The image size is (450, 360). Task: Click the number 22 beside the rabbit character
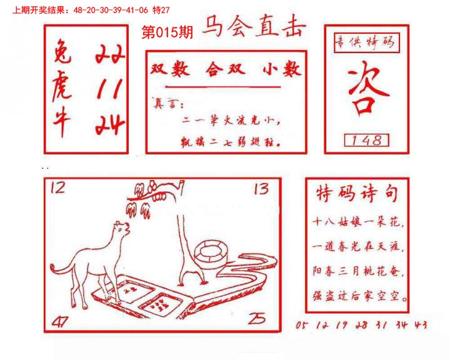(110, 55)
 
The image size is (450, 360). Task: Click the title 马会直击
(253, 28)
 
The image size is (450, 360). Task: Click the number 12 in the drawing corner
(57, 187)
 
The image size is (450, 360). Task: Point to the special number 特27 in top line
(161, 10)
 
